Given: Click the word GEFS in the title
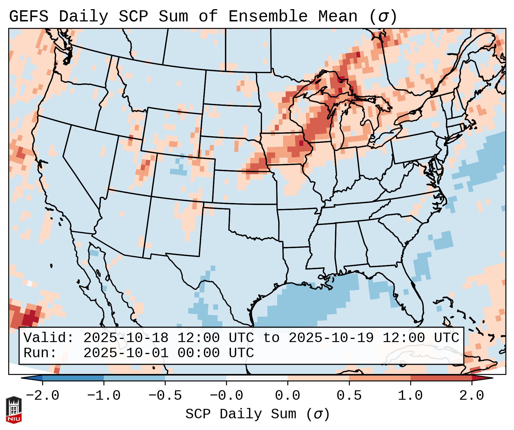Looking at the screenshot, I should click(x=29, y=16).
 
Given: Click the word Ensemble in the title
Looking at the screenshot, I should click(x=268, y=16).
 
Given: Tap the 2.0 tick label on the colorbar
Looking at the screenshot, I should click(x=472, y=396).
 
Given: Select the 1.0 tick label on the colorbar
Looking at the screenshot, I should click(x=410, y=396).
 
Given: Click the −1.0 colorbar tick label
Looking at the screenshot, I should click(x=103, y=396).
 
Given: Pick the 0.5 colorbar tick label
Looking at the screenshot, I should click(x=349, y=396).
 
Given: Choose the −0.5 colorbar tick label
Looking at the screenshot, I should click(x=165, y=396).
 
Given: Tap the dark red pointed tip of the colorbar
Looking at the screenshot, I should click(x=486, y=378).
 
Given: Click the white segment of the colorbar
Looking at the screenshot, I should click(x=257, y=378).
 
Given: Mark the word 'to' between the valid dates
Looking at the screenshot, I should click(x=271, y=338).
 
